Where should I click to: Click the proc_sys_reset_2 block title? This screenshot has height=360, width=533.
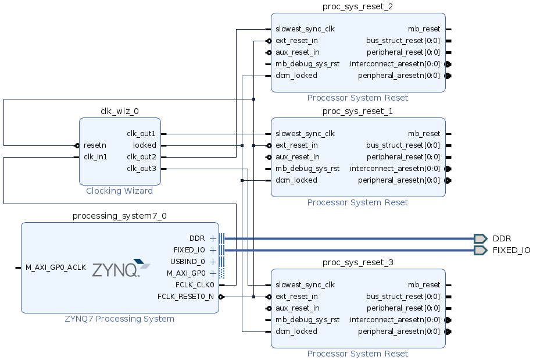[358, 6]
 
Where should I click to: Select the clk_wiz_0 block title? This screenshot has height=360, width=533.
[120, 111]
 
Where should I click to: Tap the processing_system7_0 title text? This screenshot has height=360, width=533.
[120, 216]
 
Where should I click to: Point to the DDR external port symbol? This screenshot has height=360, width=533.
[480, 238]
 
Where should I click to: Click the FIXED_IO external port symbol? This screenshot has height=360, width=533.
[480, 250]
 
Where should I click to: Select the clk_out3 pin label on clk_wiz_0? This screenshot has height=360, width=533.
[141, 169]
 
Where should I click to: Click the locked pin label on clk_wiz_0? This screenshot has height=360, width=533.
[144, 145]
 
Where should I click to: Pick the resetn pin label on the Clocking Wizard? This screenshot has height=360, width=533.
[95, 145]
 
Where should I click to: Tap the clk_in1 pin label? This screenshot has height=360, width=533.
[95, 157]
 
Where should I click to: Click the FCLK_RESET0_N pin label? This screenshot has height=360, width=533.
[185, 297]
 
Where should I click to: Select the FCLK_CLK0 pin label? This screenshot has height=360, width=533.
[195, 285]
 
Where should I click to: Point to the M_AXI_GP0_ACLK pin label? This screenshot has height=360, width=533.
[56, 268]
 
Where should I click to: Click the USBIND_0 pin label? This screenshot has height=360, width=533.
[187, 262]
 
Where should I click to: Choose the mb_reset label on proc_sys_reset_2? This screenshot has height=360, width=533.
[424, 29]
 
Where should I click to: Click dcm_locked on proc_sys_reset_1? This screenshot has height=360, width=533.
[296, 180]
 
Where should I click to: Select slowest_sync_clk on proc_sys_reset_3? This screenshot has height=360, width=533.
[305, 285]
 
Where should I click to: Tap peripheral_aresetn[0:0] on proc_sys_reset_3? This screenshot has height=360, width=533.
[399, 332]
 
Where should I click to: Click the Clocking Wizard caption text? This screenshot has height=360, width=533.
[120, 191]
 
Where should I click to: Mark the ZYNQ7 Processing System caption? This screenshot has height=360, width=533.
[120, 319]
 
